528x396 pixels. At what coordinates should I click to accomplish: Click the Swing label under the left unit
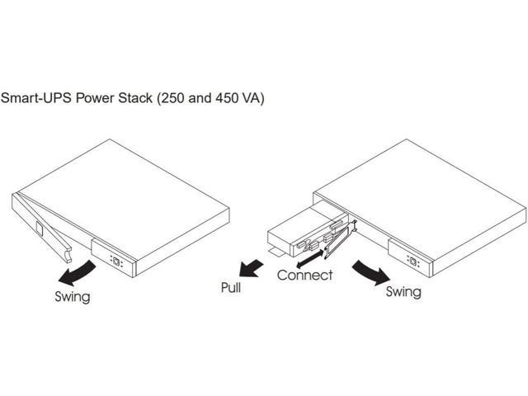pos(72,296)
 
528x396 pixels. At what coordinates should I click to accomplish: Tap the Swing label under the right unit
pos(403,291)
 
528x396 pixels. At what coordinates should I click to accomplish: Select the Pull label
pos(231,288)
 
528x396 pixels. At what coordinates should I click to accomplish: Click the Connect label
pos(304,275)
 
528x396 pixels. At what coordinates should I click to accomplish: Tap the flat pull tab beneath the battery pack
pos(278,247)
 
